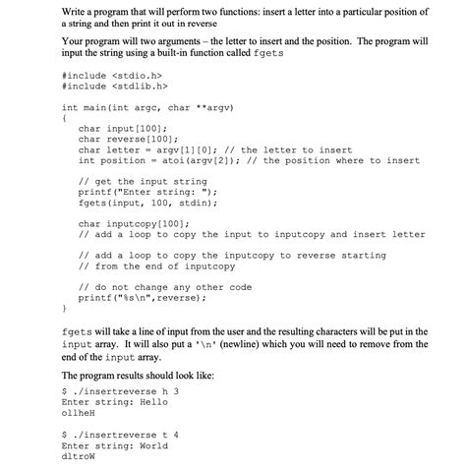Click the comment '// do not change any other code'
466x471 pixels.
click(x=165, y=286)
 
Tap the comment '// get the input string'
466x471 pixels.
click(x=142, y=181)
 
